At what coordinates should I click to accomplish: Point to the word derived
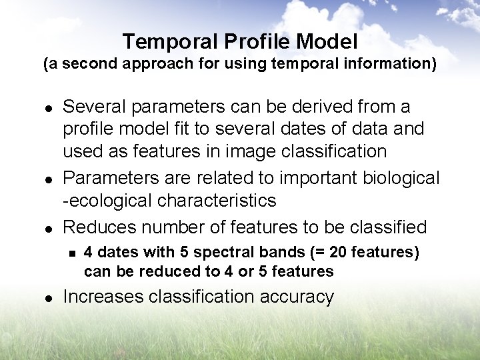pos(317,107)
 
